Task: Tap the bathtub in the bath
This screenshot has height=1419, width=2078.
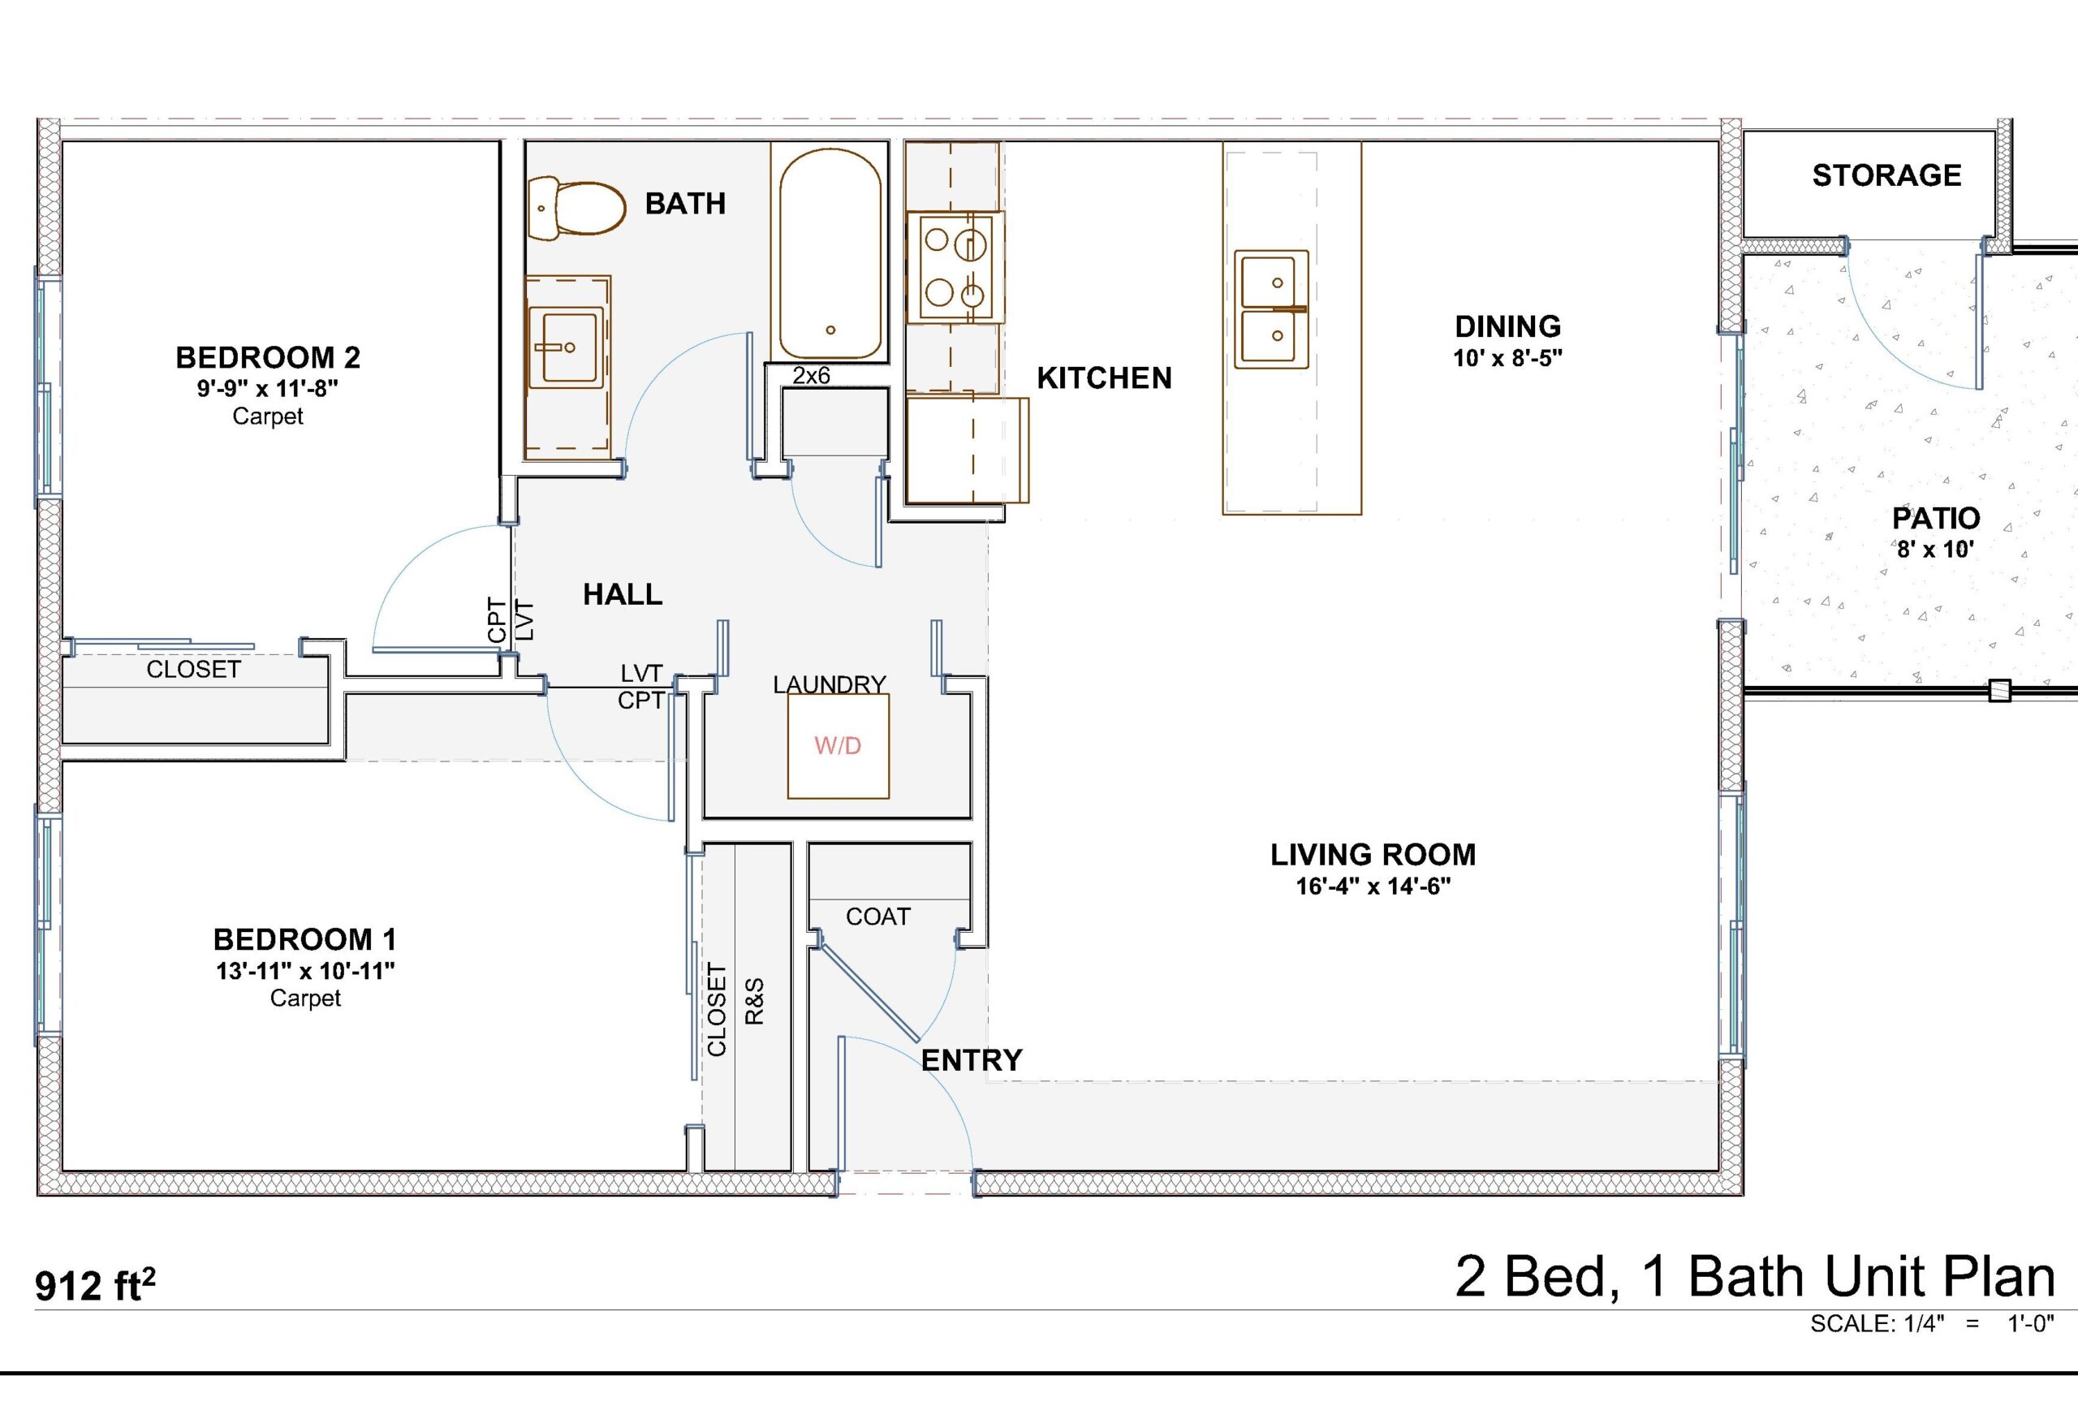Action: [830, 255]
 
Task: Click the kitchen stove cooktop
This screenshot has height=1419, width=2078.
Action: [955, 267]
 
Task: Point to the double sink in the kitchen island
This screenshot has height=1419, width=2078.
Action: [1270, 309]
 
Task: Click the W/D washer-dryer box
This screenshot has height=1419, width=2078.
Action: [838, 746]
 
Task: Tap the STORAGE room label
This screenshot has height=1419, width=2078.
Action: [1886, 175]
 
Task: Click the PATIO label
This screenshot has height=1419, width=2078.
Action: [1936, 518]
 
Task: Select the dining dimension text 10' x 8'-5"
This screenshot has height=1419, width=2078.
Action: [1507, 358]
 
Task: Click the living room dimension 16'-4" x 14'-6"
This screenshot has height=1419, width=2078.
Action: [1373, 886]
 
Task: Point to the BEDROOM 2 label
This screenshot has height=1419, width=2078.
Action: [267, 358]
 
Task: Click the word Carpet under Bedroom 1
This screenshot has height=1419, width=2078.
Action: [305, 998]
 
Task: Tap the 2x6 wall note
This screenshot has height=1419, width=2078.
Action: [811, 376]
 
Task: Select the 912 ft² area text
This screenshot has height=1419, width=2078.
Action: [95, 1285]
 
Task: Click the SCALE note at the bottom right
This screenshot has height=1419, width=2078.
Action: [1932, 1323]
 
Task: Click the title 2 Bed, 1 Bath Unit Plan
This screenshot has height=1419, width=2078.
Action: [1755, 1276]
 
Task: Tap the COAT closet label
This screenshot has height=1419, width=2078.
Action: [878, 917]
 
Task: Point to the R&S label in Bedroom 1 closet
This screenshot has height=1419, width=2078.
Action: [755, 1002]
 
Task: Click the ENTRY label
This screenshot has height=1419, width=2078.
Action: [972, 1060]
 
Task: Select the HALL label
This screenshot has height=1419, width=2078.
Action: [623, 594]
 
